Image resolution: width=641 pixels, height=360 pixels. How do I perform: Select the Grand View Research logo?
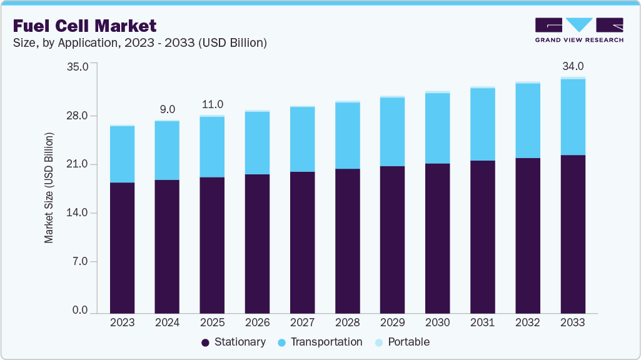[578, 30]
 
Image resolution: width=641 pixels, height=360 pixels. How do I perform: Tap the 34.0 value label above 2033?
[572, 66]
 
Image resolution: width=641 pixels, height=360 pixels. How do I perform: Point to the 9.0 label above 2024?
[167, 109]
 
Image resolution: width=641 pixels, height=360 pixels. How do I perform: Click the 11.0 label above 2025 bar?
[212, 104]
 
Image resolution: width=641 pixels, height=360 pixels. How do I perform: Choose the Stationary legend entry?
[233, 342]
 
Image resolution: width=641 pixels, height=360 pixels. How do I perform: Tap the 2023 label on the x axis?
[122, 322]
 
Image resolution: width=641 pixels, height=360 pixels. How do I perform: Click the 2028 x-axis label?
[347, 322]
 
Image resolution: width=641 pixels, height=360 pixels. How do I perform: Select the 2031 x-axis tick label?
[482, 322]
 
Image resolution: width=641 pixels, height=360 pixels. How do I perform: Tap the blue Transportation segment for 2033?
[572, 117]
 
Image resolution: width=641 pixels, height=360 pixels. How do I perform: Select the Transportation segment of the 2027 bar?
[302, 139]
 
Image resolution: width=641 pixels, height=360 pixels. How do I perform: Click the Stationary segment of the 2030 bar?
[437, 237]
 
